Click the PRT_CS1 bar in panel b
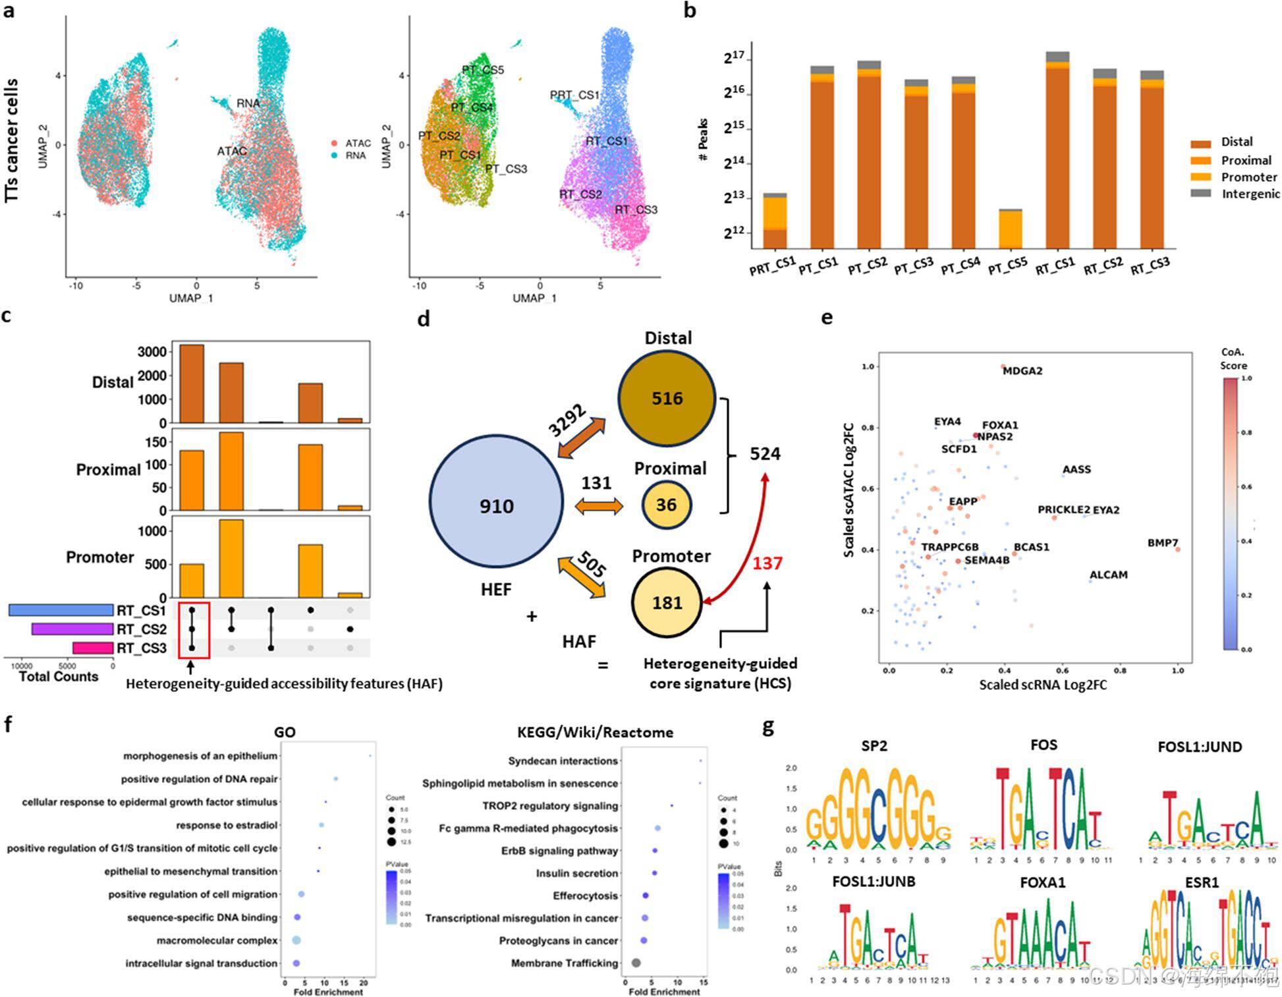tap(775, 221)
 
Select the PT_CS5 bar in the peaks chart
tap(1010, 229)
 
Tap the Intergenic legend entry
tap(1249, 194)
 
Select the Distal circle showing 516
tap(667, 398)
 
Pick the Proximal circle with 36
tap(666, 505)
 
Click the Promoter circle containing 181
tap(667, 602)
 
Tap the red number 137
tap(767, 563)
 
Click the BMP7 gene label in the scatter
tap(1162, 543)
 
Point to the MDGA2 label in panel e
tap(1022, 371)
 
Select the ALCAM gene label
tap(1108, 575)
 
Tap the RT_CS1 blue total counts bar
tap(61, 610)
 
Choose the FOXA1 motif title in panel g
tap(1042, 882)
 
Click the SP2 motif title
tap(874, 746)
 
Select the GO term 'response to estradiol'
tap(227, 825)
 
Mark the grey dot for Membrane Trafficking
tap(636, 963)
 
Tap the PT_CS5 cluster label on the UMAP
tap(482, 70)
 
